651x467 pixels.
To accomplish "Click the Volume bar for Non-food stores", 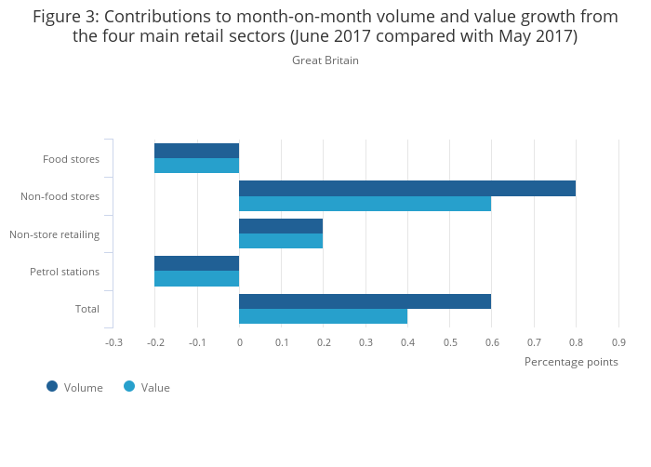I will point(406,188).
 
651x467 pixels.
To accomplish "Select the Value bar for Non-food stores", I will point(365,204).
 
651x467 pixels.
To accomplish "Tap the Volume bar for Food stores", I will point(196,151).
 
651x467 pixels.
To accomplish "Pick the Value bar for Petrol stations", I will point(196,278).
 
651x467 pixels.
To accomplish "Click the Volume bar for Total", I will point(365,301).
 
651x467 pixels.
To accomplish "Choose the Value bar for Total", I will point(323,316).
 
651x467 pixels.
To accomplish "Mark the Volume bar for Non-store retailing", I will point(281,226).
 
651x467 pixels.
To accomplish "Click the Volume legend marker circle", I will point(52,386).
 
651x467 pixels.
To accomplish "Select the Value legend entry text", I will point(155,388).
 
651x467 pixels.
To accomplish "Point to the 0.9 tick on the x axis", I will point(618,342).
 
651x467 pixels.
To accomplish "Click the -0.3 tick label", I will point(113,342).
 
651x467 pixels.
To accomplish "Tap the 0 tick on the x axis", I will point(239,342).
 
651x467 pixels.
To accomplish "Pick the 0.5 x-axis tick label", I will point(449,342).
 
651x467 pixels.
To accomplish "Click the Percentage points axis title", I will point(570,362).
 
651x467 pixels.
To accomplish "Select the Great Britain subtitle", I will point(325,60).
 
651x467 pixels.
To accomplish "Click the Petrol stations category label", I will point(64,272).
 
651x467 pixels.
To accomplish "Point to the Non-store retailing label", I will point(54,233).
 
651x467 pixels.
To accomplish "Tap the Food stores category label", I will point(71,159).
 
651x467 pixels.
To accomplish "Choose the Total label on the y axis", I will point(86,309).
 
